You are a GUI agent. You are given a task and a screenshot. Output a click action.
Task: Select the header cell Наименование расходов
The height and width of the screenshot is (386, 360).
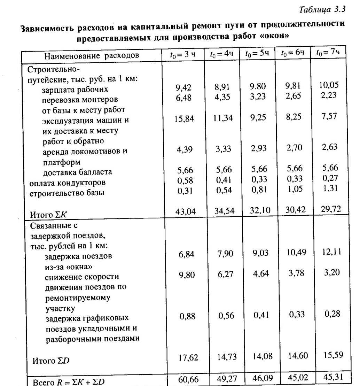coord(92,55)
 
